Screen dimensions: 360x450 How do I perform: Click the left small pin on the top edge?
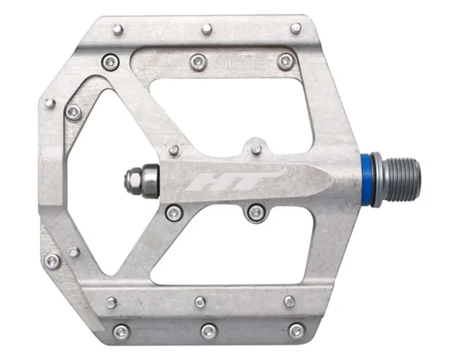[118, 29]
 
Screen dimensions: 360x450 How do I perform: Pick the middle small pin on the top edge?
[206, 28]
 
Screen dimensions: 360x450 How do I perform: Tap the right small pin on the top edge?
[295, 28]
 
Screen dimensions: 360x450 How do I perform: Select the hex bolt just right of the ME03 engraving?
[285, 62]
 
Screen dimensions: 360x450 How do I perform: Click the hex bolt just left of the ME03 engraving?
[197, 62]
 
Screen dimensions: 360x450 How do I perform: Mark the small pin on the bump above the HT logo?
[256, 148]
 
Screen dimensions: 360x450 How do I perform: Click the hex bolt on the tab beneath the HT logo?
[256, 212]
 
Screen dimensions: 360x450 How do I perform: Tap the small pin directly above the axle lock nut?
[174, 150]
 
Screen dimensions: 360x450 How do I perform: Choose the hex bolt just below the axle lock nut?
[173, 212]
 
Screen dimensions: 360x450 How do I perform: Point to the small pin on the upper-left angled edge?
[50, 103]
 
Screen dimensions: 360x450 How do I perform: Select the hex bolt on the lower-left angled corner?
[53, 260]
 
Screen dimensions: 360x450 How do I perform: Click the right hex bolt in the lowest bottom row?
[296, 331]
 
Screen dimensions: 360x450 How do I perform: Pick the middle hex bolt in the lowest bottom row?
[208, 332]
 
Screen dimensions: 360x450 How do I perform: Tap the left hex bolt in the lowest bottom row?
[121, 332]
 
